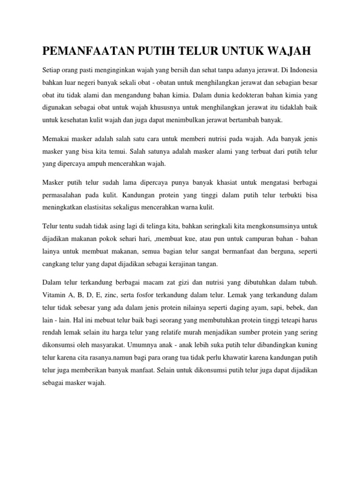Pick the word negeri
[90, 82]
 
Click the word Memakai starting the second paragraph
[56, 139]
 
